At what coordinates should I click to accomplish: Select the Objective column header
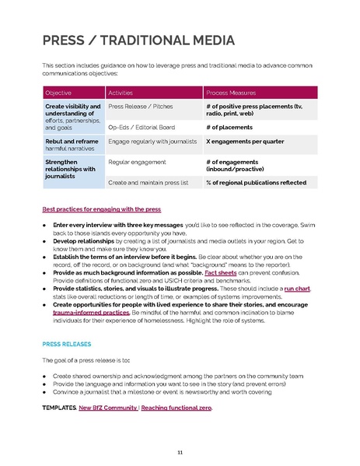pos(59,92)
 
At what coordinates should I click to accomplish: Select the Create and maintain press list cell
pos(148,182)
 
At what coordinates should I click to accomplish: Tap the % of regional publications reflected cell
pos(256,182)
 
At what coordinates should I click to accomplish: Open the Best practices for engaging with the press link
pos(101,209)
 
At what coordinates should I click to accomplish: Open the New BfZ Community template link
pos(109,408)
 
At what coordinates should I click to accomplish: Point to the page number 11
pos(180,453)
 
